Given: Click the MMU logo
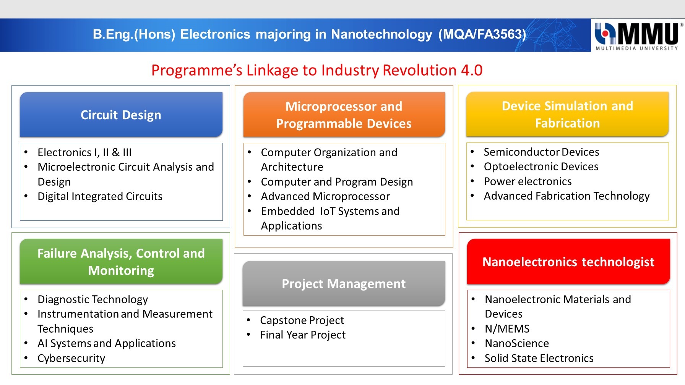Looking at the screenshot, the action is point(638,36).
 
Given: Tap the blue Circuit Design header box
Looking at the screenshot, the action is point(121,115).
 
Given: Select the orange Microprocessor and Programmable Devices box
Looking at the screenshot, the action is point(344,115).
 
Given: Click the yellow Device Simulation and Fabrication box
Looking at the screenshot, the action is point(567,114).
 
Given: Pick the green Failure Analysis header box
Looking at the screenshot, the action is point(121,262).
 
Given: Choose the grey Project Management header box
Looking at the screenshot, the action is point(344,284).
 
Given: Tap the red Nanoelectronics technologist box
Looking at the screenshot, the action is point(568,262).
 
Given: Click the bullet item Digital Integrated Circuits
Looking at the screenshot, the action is point(100,196).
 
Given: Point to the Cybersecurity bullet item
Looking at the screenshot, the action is point(71,358).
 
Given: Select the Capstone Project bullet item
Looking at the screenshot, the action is point(302,320).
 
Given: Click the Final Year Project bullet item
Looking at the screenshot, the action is point(303,335).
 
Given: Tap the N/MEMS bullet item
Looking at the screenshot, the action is point(507,329).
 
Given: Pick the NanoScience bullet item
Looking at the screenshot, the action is point(517,343).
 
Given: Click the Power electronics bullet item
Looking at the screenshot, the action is point(528,181).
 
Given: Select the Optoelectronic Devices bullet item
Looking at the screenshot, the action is point(541,167).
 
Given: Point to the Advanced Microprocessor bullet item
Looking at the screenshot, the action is point(325,196).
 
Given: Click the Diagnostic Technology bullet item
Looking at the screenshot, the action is point(93,299).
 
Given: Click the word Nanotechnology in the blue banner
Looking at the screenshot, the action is point(381,34).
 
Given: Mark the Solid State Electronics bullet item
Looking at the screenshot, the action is point(539,358).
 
